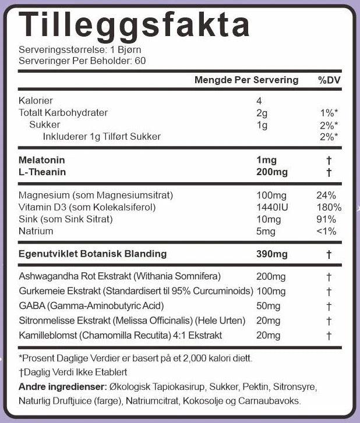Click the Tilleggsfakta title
(x=135, y=25)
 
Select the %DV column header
(x=329, y=80)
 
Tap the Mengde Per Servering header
(x=246, y=80)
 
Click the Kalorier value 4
(x=259, y=100)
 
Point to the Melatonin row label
(x=42, y=160)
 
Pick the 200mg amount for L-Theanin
(x=272, y=172)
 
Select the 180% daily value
(x=329, y=207)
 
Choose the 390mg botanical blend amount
(x=272, y=254)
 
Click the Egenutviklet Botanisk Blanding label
(x=93, y=254)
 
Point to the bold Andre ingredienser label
(x=62, y=387)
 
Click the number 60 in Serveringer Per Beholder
(x=140, y=61)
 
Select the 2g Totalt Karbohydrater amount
(x=261, y=112)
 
